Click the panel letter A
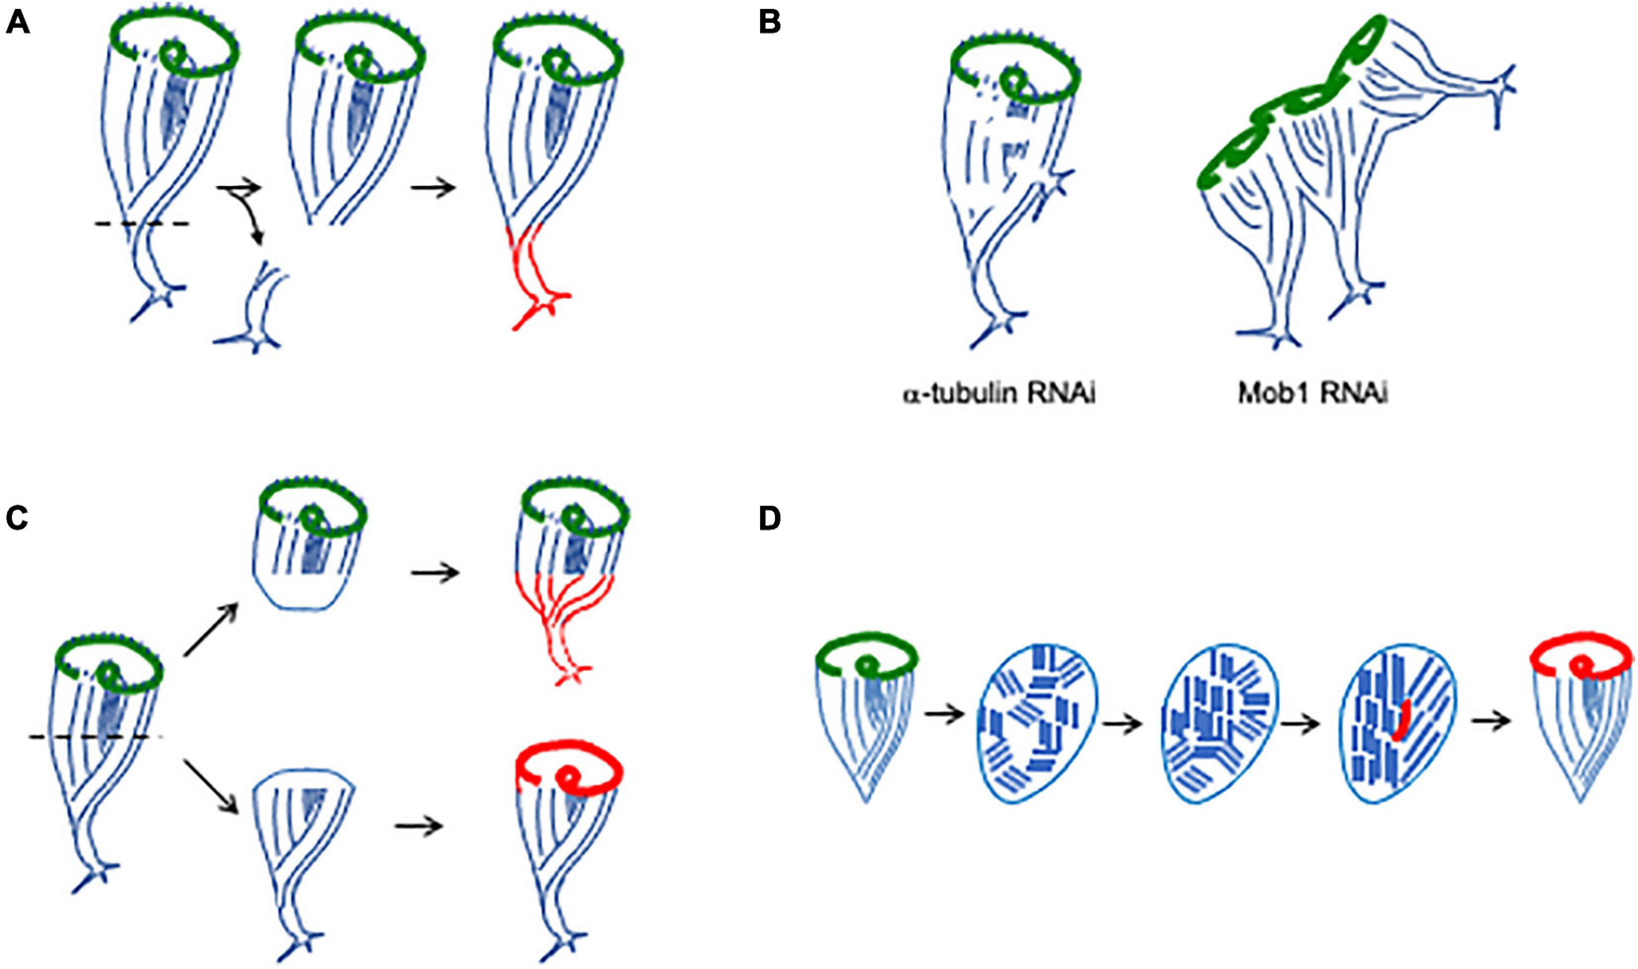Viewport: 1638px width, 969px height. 17,22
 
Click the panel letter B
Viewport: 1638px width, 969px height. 770,22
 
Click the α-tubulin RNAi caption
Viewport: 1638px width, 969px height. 999,394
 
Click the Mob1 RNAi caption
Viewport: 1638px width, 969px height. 1311,394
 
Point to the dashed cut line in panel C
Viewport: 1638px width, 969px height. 89,736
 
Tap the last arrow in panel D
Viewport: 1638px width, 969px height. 1492,721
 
